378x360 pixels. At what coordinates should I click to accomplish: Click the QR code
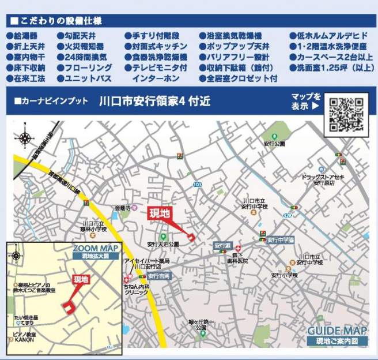click(x=346, y=114)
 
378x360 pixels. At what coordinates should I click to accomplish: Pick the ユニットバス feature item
click(x=87, y=78)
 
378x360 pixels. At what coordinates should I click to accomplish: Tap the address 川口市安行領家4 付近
click(x=154, y=102)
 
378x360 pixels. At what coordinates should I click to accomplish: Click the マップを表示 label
click(x=305, y=101)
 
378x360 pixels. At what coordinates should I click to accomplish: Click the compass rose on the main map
click(x=25, y=138)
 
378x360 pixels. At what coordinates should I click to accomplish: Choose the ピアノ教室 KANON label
click(x=24, y=337)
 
